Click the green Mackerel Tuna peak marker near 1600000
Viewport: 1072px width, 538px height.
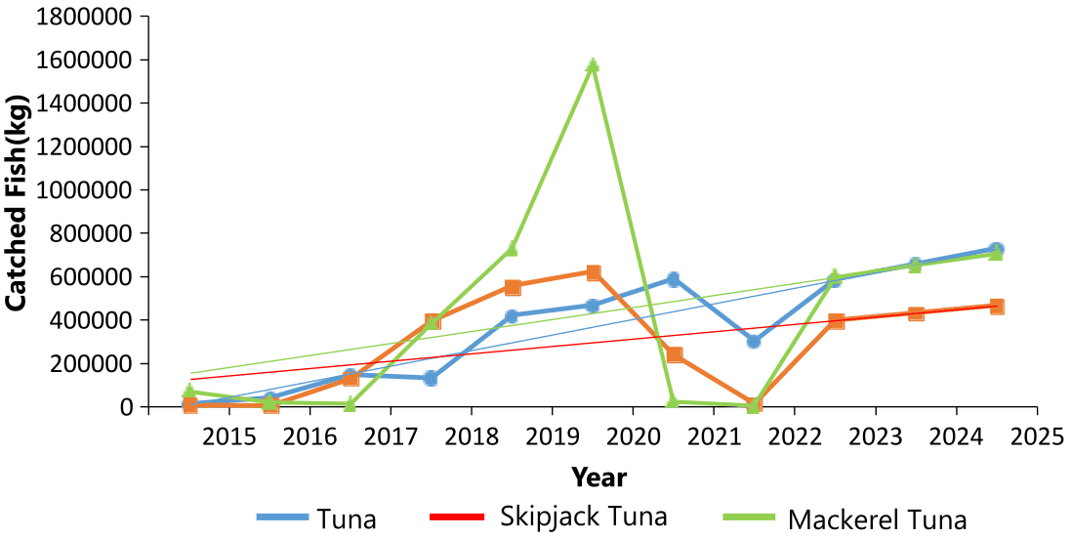click(593, 65)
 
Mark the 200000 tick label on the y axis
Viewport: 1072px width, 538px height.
click(86, 364)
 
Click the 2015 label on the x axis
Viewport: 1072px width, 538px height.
click(228, 435)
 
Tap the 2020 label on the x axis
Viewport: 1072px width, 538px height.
click(633, 435)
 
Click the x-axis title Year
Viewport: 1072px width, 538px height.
click(598, 477)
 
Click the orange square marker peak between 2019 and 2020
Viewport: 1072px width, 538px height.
click(593, 272)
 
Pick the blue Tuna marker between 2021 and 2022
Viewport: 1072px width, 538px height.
click(754, 342)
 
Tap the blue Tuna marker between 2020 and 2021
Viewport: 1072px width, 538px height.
click(673, 279)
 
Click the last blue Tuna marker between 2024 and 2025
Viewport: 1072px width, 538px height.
click(996, 250)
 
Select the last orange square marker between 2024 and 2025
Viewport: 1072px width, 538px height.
click(996, 307)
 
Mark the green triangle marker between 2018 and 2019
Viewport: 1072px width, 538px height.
click(512, 248)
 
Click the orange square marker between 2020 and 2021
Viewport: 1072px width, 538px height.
click(673, 354)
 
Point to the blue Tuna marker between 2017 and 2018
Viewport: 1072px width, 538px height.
click(431, 378)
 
